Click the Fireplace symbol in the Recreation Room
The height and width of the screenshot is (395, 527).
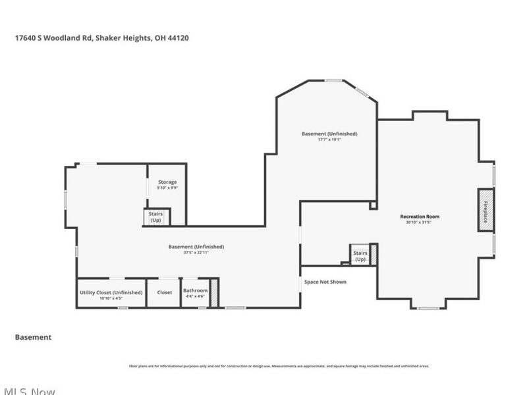pyautogui.click(x=486, y=211)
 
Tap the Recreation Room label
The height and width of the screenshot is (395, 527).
pyautogui.click(x=420, y=217)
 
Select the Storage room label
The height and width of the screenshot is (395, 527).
pyautogui.click(x=167, y=182)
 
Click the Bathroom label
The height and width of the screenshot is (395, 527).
pyautogui.click(x=195, y=291)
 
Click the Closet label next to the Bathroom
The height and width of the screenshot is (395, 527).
pyautogui.click(x=164, y=292)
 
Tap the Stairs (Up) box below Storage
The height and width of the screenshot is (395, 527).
pyautogui.click(x=156, y=217)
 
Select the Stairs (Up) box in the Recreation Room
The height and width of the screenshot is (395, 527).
pyautogui.click(x=360, y=256)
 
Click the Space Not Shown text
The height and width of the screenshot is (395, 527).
pyautogui.click(x=325, y=282)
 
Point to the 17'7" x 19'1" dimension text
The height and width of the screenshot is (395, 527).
pyautogui.click(x=329, y=140)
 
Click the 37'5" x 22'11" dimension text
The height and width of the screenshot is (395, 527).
pyautogui.click(x=196, y=253)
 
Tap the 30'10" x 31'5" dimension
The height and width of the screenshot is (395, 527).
pyautogui.click(x=420, y=223)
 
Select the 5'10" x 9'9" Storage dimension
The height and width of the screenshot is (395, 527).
pyautogui.click(x=167, y=188)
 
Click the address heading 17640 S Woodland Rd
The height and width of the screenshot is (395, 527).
pyautogui.click(x=102, y=38)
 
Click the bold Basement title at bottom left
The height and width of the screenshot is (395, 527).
pyautogui.click(x=33, y=337)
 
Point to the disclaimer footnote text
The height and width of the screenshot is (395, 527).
pyautogui.click(x=279, y=366)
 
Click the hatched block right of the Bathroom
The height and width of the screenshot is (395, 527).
pyautogui.click(x=214, y=294)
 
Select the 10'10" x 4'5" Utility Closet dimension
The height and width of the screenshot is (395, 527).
pyautogui.click(x=111, y=298)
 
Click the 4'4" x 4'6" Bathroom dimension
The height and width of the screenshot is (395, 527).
pyautogui.click(x=195, y=297)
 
